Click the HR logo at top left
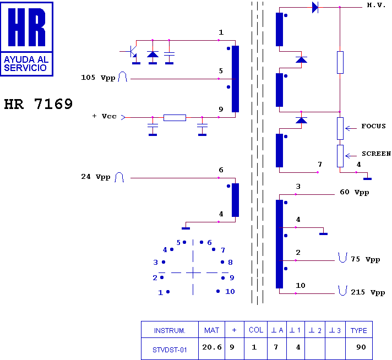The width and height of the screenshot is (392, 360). tap(28, 38)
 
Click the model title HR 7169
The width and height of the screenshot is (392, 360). tap(39, 104)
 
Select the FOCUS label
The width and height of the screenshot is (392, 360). tap(373, 126)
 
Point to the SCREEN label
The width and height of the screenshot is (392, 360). tap(376, 154)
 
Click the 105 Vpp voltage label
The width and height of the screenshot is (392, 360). tap(99, 78)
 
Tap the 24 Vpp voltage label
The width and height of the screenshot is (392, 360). tap(96, 177)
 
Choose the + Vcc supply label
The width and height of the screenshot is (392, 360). tap(105, 116)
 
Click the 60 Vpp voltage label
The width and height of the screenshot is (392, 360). tap(353, 193)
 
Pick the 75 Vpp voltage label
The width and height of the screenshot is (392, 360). tap(365, 259)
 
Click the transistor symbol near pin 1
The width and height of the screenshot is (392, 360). tap(132, 52)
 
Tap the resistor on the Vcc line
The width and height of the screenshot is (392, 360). tap(175, 117)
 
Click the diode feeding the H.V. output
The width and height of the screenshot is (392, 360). tap(315, 7)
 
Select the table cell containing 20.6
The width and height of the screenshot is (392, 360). tap(211, 347)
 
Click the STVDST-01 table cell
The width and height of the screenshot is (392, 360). tap(170, 349)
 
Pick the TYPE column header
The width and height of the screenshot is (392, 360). tap(358, 330)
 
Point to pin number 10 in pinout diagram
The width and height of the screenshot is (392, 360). tap(230, 291)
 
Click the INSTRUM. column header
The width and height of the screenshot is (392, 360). tap(170, 330)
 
